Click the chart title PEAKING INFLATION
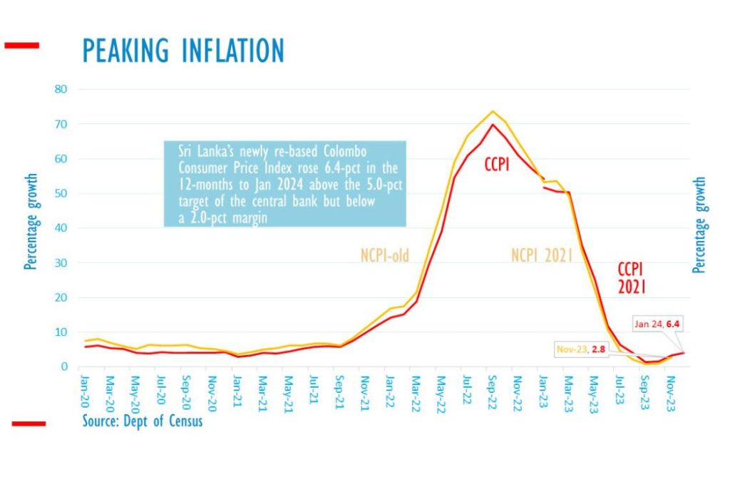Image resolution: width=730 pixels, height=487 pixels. point(183,51)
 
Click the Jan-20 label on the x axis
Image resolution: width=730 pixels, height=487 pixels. point(86,389)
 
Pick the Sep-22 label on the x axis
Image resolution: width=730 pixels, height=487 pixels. point(493,389)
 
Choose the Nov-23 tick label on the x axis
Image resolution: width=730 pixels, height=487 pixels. point(671,389)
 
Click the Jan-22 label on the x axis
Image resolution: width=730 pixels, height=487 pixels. point(391,389)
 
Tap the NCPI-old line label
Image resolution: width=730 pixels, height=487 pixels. point(385,255)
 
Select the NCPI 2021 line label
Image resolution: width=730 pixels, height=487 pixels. point(542,255)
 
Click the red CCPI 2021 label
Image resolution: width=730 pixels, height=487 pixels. point(632,278)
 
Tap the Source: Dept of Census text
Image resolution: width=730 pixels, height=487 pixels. point(142,421)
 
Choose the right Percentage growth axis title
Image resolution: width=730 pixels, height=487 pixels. point(700,224)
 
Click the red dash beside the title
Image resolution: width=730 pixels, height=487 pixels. point(21,46)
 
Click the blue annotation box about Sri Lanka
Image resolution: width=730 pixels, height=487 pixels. point(285,184)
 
